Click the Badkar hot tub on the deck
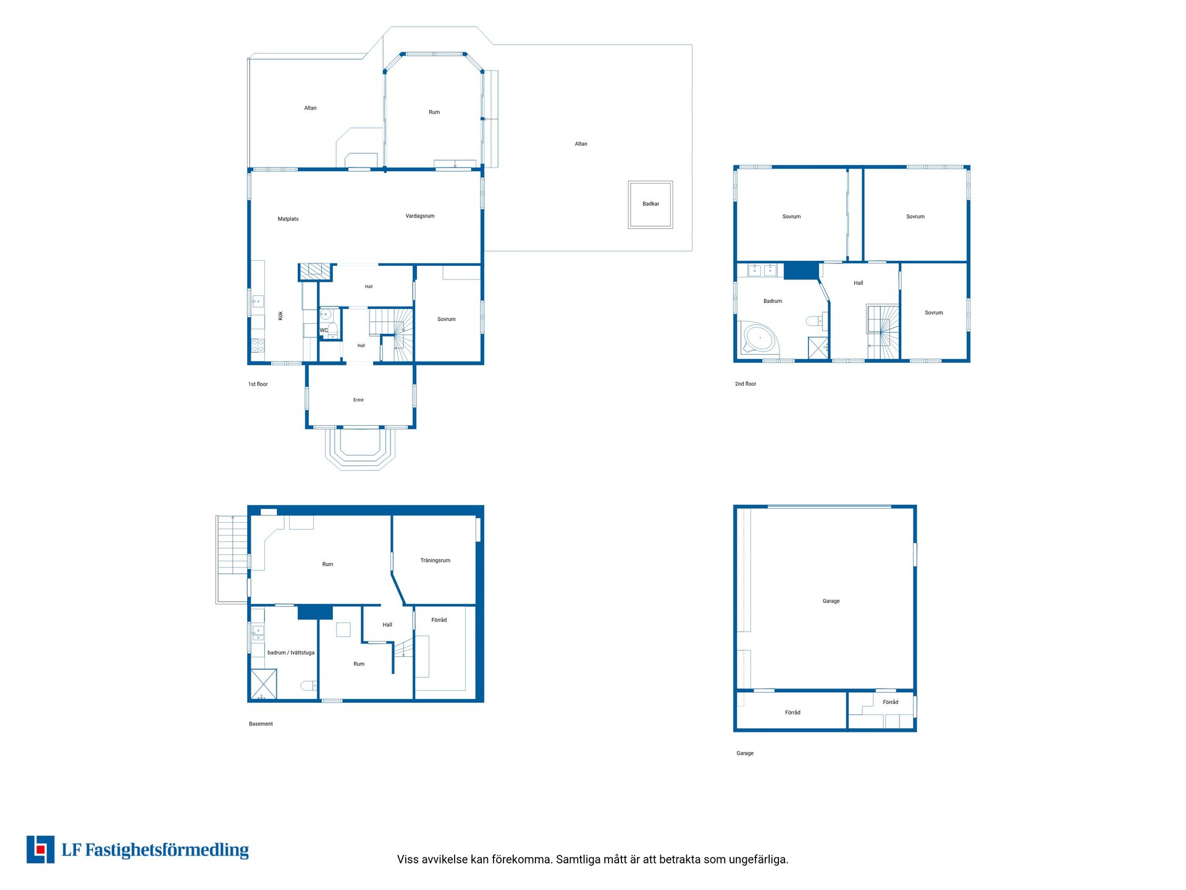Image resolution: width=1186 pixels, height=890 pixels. click(x=650, y=205)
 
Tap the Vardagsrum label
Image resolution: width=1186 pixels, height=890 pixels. click(x=420, y=216)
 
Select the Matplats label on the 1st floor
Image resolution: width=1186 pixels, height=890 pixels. click(x=288, y=219)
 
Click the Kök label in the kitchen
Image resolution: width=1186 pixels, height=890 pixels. click(x=280, y=315)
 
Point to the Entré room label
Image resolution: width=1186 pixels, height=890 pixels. click(x=358, y=400)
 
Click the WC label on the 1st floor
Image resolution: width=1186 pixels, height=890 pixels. click(x=324, y=330)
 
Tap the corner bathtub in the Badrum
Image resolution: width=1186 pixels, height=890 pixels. click(x=759, y=337)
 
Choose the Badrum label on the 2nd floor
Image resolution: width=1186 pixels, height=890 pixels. click(x=773, y=301)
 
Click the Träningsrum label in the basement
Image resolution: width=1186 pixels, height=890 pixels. click(x=435, y=561)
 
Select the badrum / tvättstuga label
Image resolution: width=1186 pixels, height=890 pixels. click(x=291, y=653)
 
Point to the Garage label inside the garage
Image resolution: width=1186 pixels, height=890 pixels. click(x=831, y=601)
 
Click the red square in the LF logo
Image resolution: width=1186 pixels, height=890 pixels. click(x=41, y=849)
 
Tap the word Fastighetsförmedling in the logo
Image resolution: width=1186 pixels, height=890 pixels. click(x=167, y=850)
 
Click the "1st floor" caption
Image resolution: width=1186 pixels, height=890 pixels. click(x=258, y=384)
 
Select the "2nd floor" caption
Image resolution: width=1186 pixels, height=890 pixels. click(x=746, y=384)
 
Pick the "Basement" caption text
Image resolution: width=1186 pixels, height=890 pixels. click(x=261, y=724)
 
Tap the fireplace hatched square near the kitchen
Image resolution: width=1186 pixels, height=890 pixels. click(x=315, y=271)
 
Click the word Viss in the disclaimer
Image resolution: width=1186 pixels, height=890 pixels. click(x=408, y=859)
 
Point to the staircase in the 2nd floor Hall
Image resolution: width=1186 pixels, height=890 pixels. click(x=883, y=332)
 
